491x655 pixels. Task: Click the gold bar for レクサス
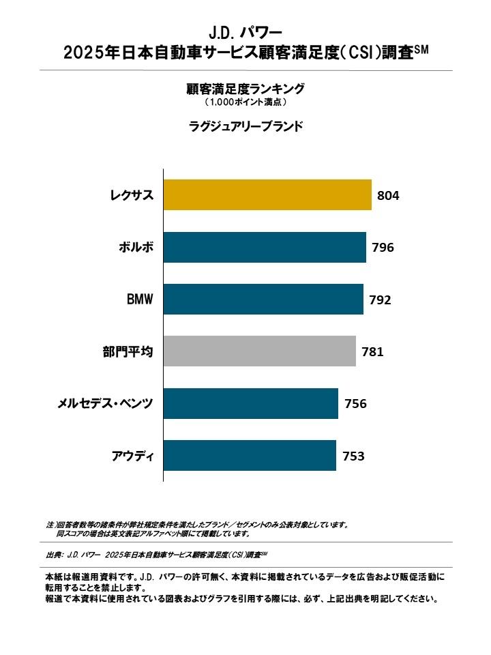click(267, 195)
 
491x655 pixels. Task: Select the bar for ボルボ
click(265, 248)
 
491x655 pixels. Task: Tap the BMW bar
click(263, 300)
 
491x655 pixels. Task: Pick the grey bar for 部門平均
click(260, 351)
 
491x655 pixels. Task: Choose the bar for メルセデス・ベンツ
click(251, 403)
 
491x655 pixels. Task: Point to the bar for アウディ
click(250, 455)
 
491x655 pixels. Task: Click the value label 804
click(387, 196)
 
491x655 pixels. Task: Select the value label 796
click(383, 248)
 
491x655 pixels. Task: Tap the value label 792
click(380, 300)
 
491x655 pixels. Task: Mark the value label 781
click(372, 352)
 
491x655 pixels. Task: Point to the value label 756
click(355, 404)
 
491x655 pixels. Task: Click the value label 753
click(353, 456)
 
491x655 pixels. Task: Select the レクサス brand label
click(132, 196)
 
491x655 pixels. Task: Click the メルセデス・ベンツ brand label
click(105, 404)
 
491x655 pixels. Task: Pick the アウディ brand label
click(132, 456)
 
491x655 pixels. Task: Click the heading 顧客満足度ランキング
click(245, 89)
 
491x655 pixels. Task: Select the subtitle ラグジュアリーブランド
click(245, 126)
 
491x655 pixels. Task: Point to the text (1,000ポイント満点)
click(245, 102)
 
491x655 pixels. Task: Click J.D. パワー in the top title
click(245, 32)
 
